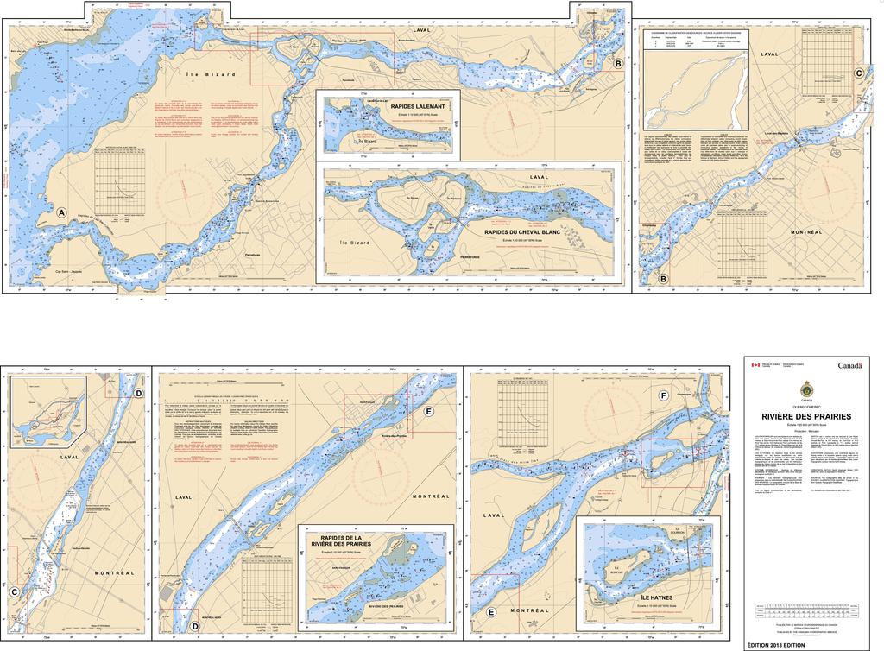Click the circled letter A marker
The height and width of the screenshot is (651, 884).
point(61,212)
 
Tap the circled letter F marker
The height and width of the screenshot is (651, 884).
point(662,395)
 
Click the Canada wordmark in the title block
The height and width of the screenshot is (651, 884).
point(849,366)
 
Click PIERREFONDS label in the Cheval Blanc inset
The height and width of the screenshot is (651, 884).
point(477,256)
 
